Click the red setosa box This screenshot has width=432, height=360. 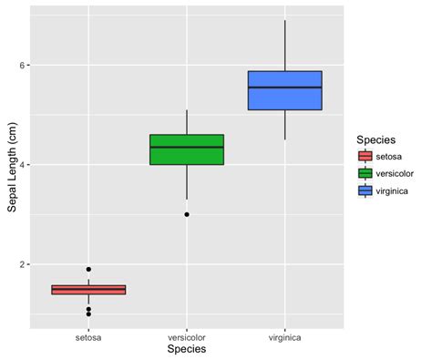pyautogui.click(x=88, y=290)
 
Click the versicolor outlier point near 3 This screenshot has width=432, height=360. pyautogui.click(x=187, y=214)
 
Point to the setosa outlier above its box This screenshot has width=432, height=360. pyautogui.click(x=88, y=269)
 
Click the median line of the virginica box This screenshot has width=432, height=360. pyautogui.click(x=285, y=87)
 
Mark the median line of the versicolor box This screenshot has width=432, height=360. pyautogui.click(x=187, y=147)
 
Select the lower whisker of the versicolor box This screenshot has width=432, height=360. pyautogui.click(x=187, y=182)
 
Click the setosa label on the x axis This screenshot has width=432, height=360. pyautogui.click(x=88, y=336)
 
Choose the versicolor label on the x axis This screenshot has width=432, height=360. pyautogui.click(x=187, y=336)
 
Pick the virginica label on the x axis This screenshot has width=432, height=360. pyautogui.click(x=285, y=336)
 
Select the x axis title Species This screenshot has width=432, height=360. pyautogui.click(x=186, y=349)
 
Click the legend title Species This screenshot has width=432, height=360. pyautogui.click(x=375, y=139)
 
